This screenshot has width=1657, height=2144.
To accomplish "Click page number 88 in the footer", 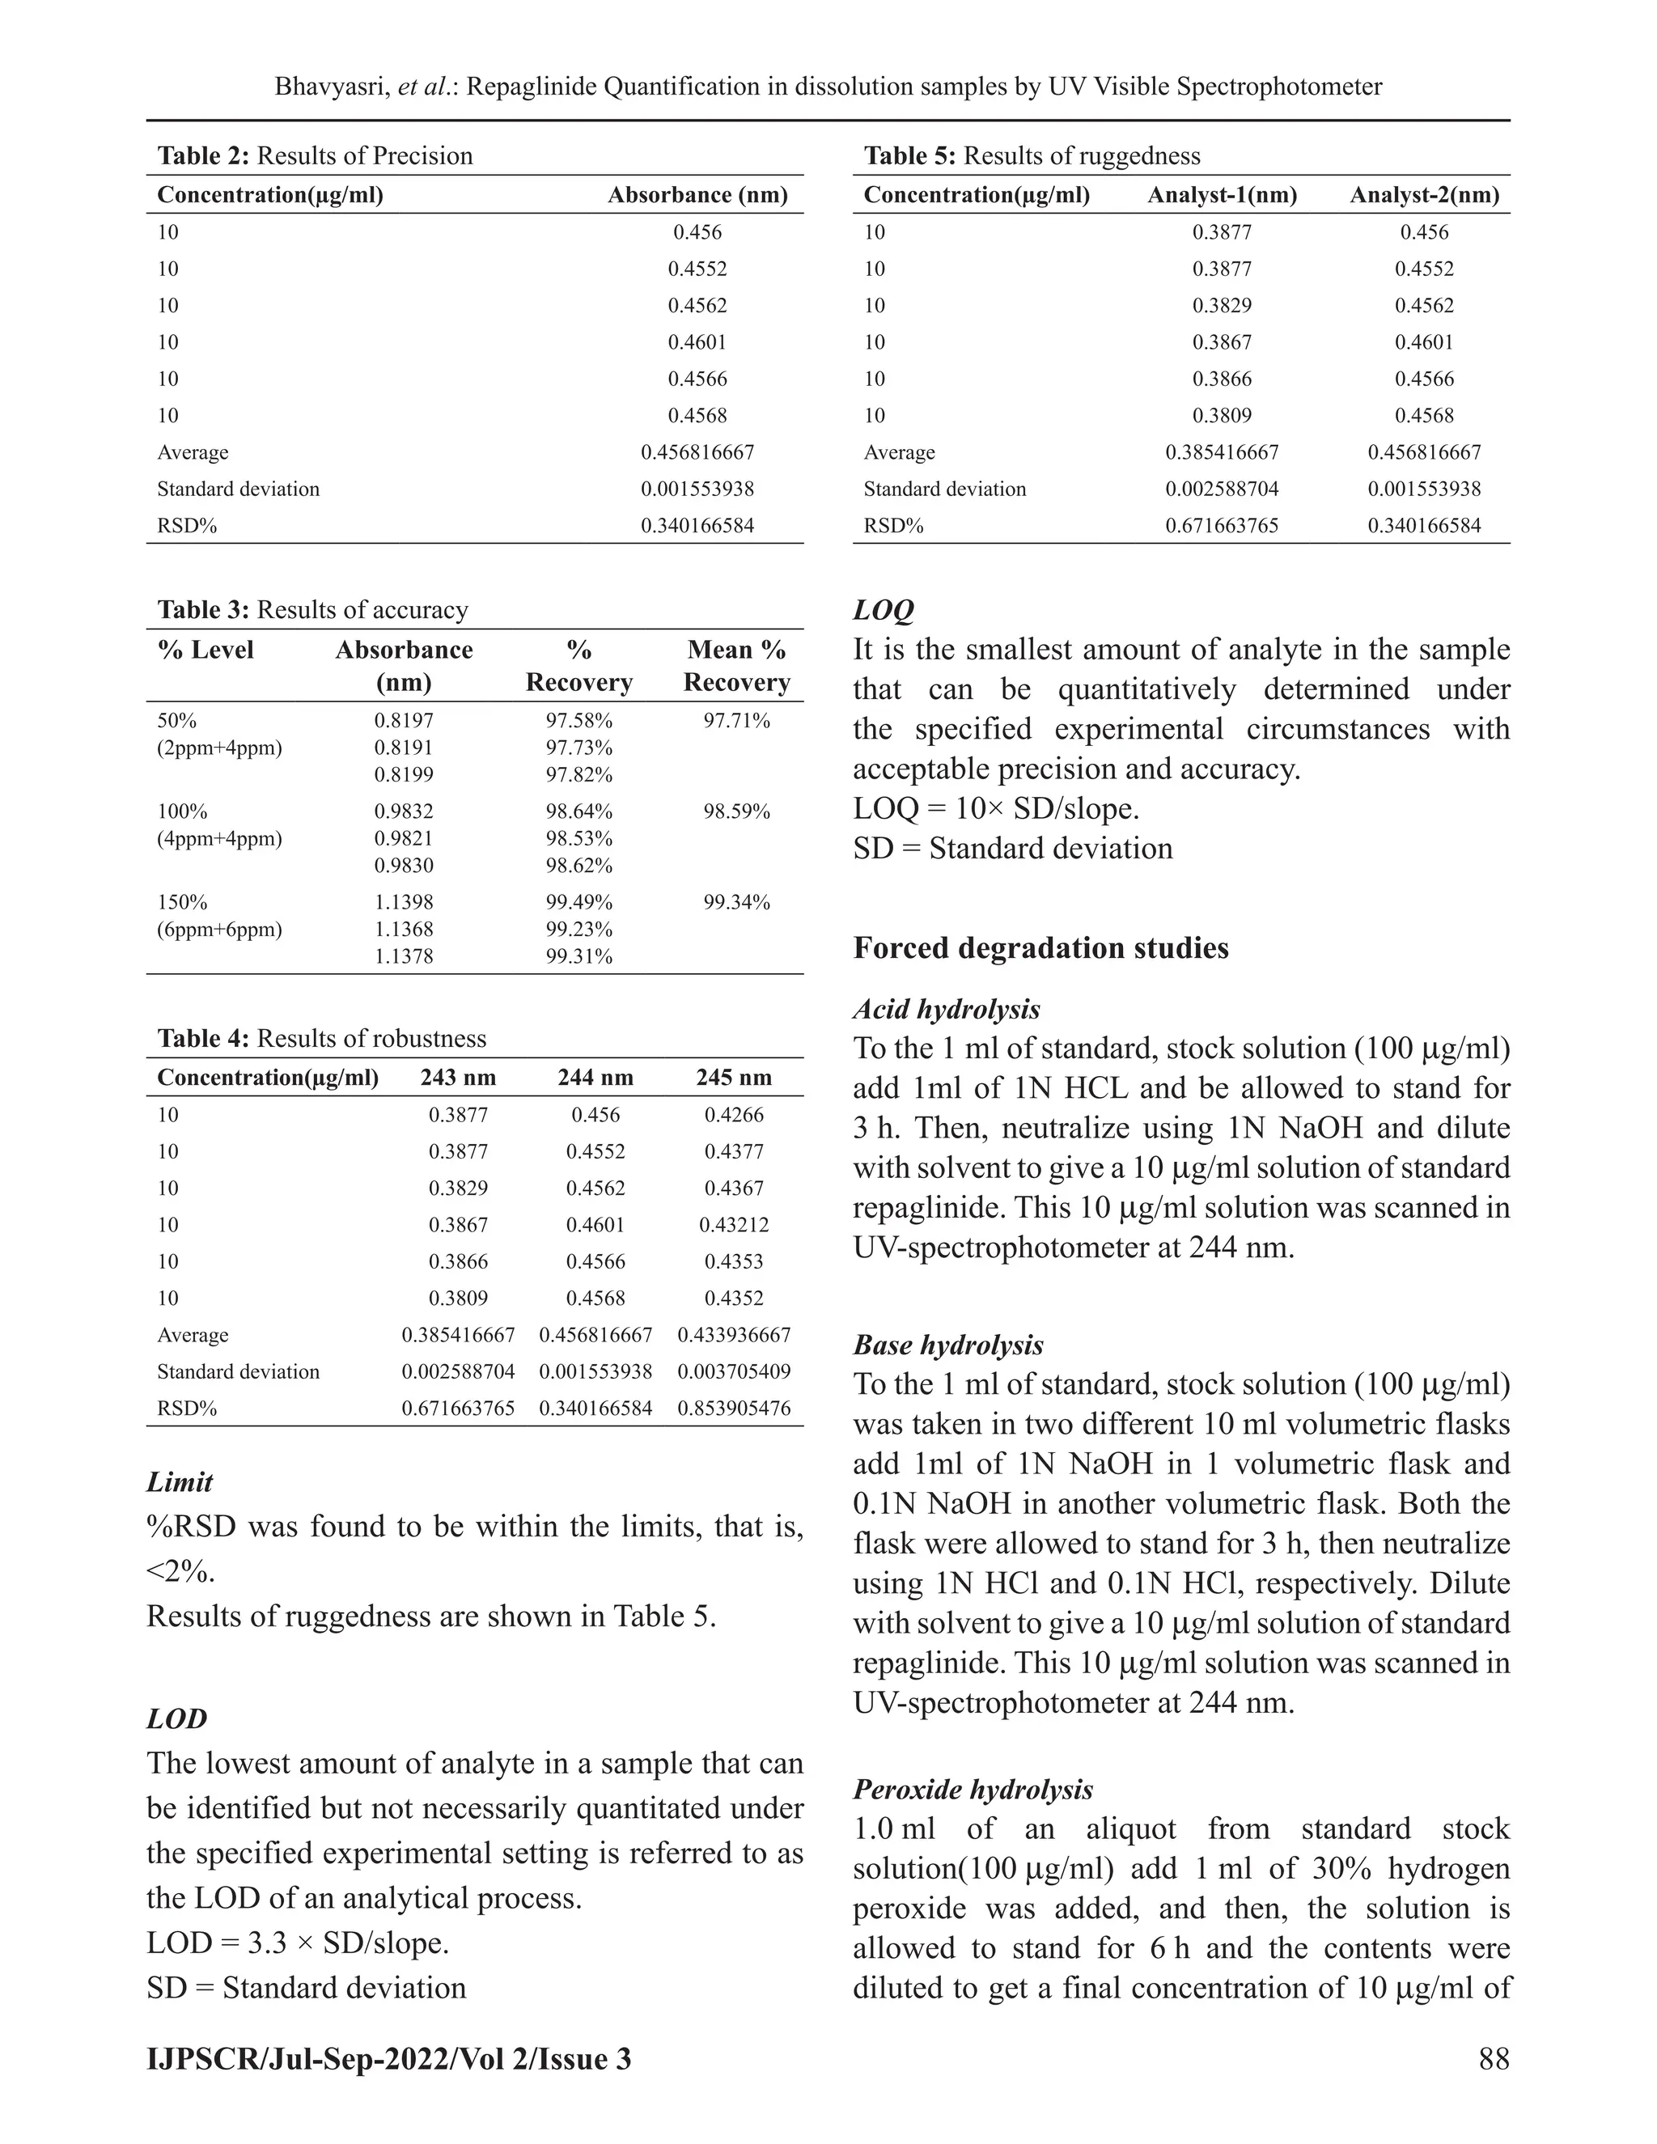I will [1493, 2057].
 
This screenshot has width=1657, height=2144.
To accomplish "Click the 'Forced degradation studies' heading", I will [1040, 948].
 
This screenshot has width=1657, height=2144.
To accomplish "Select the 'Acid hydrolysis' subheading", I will [947, 1009].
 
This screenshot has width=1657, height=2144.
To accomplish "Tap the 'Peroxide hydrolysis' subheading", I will [973, 1790].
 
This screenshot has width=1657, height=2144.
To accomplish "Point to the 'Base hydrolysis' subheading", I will [948, 1345].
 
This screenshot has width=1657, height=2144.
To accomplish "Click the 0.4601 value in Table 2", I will [697, 342].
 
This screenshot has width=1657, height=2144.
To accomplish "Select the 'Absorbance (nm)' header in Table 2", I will [697, 195].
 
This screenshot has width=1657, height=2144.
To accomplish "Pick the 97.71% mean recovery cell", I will [736, 722].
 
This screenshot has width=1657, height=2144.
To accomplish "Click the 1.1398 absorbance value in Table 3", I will [404, 902].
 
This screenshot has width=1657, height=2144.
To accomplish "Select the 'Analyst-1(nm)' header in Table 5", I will [1223, 195].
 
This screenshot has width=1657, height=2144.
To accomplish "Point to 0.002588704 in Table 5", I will [1223, 489].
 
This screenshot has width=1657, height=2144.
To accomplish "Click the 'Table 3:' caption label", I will [204, 611].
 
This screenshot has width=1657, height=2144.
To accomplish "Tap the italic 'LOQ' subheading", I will [884, 611].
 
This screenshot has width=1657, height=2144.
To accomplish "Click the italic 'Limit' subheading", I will [180, 1482].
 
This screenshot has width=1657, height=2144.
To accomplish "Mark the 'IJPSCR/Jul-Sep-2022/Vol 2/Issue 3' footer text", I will [388, 2057].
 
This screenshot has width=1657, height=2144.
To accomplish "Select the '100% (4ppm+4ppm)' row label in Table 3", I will [219, 825].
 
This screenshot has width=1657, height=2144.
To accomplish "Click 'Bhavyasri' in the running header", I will [332, 87].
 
